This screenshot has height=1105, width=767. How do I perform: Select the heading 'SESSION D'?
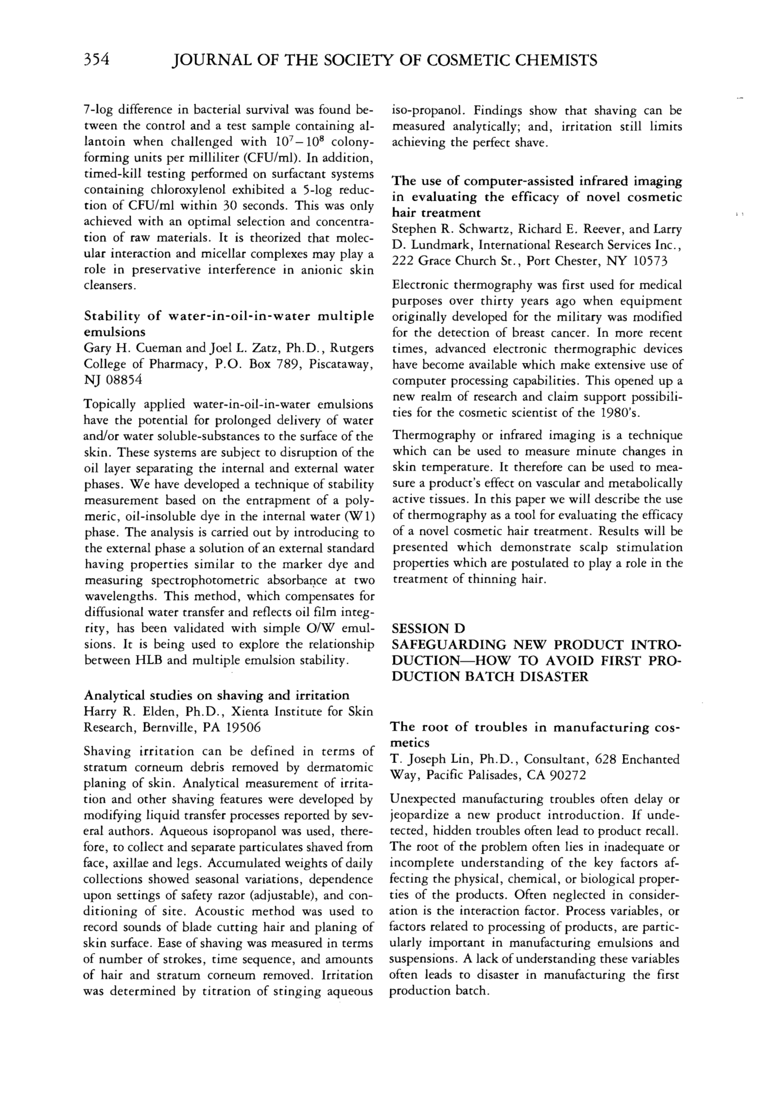(x=429, y=629)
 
